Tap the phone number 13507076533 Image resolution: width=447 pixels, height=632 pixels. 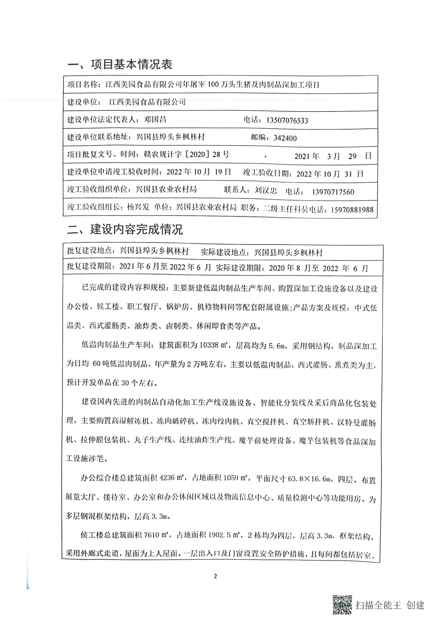287,121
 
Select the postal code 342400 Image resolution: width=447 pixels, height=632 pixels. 285,138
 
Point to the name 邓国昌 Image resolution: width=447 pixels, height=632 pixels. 155,119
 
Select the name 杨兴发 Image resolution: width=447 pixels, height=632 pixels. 138,207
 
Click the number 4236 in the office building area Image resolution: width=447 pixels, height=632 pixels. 167,478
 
